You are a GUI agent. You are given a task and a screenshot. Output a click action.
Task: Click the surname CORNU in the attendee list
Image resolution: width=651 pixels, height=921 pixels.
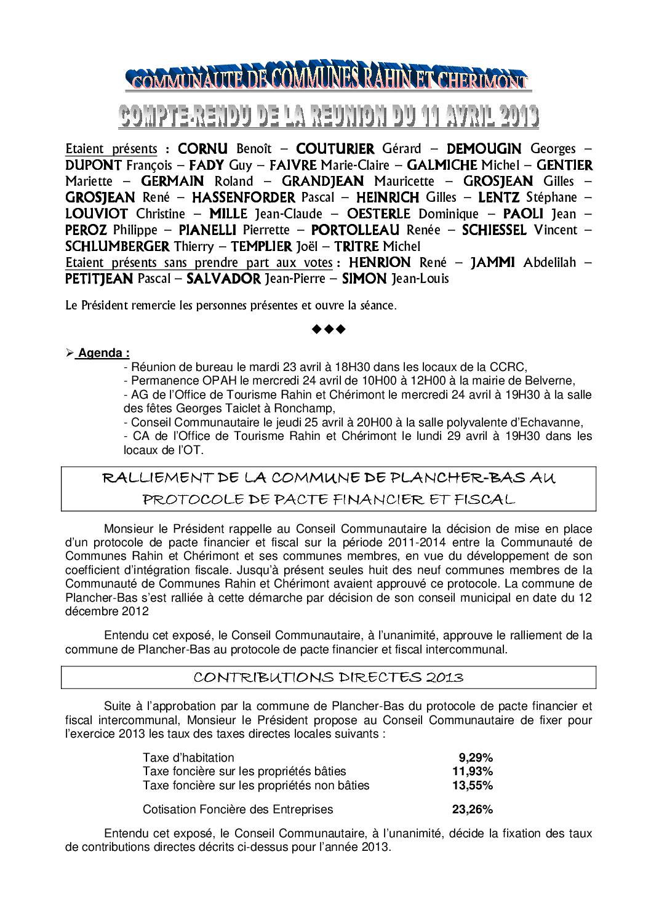point(202,149)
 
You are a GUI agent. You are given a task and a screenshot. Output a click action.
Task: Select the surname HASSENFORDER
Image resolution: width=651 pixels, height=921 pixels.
point(244,197)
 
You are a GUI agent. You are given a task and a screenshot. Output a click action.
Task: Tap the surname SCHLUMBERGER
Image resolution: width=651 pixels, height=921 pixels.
point(118,247)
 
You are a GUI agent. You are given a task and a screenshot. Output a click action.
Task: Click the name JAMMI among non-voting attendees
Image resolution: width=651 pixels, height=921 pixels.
point(492,263)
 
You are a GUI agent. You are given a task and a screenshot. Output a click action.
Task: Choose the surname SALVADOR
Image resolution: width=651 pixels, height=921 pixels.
point(223,279)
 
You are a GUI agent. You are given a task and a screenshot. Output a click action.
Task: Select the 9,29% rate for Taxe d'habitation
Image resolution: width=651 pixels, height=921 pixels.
point(476,757)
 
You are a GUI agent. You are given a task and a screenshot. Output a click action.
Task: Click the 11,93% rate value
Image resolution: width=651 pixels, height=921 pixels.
point(473,771)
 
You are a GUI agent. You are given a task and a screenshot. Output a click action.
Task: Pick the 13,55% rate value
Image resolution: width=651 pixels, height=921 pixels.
point(473,785)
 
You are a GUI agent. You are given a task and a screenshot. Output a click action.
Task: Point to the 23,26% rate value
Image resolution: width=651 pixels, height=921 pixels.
point(473,810)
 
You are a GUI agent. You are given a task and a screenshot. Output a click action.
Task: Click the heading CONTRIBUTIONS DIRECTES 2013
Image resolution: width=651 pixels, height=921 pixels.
point(328,678)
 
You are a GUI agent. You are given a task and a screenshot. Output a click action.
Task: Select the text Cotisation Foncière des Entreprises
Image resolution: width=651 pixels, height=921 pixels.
point(238,810)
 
